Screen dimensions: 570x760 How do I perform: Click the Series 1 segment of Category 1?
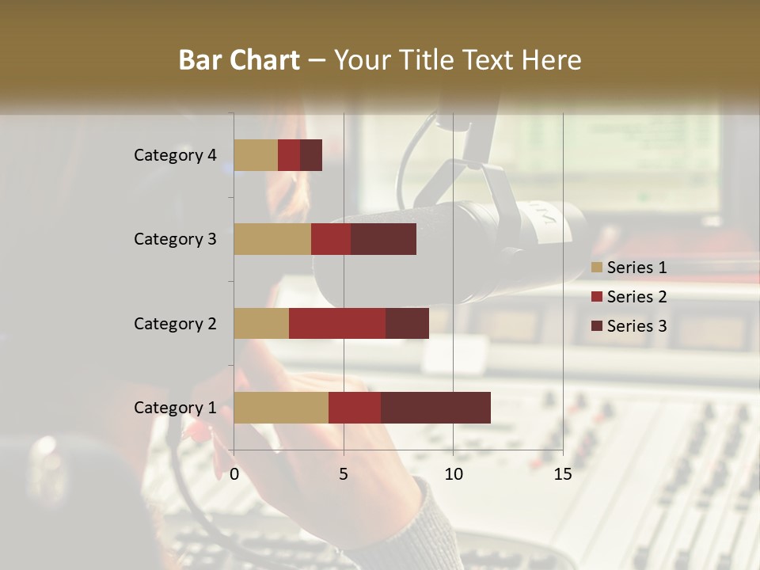281,407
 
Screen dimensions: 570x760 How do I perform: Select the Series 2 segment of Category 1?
355,407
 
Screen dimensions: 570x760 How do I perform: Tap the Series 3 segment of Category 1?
435,407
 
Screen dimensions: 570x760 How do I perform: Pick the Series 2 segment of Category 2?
337,323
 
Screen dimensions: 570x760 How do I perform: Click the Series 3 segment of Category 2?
407,323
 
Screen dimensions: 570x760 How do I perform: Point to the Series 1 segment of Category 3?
272,239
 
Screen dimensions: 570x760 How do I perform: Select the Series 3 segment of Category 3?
383,239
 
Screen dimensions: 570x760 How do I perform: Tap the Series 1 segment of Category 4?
256,155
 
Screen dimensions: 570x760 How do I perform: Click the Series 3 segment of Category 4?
311,155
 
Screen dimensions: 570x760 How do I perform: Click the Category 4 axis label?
175,155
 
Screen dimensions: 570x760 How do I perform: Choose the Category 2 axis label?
175,323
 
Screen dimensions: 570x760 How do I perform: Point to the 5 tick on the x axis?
344,474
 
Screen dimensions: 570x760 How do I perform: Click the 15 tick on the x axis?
562,474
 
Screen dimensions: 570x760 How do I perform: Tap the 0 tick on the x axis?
234,474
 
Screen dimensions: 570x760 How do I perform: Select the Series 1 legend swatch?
597,268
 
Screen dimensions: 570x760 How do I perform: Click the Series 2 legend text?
636,297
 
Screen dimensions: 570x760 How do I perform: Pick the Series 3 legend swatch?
597,326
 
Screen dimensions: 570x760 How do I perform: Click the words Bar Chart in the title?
239,60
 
